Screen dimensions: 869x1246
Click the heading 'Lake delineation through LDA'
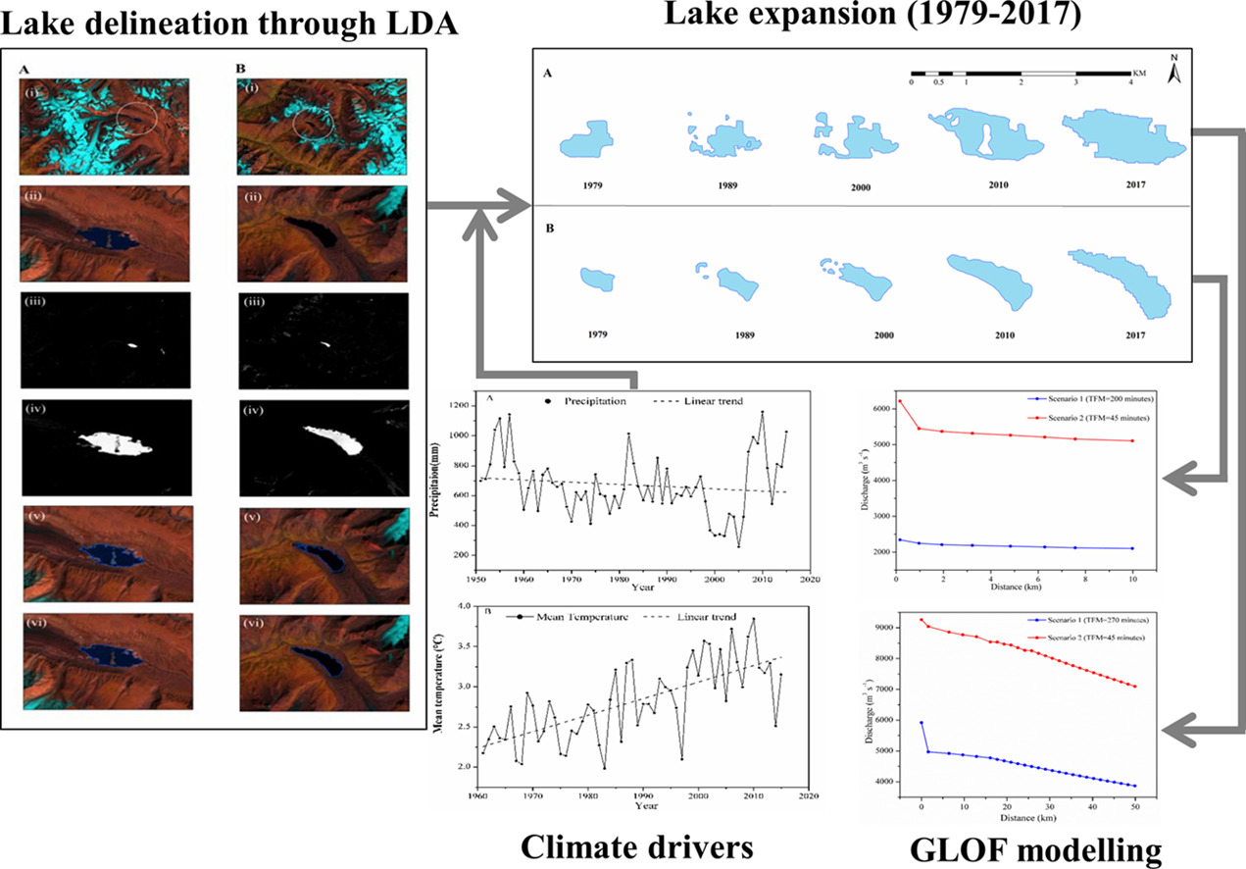tap(228, 22)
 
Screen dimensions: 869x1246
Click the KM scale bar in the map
tap(1020, 75)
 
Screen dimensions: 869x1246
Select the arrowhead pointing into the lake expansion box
tap(517, 206)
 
